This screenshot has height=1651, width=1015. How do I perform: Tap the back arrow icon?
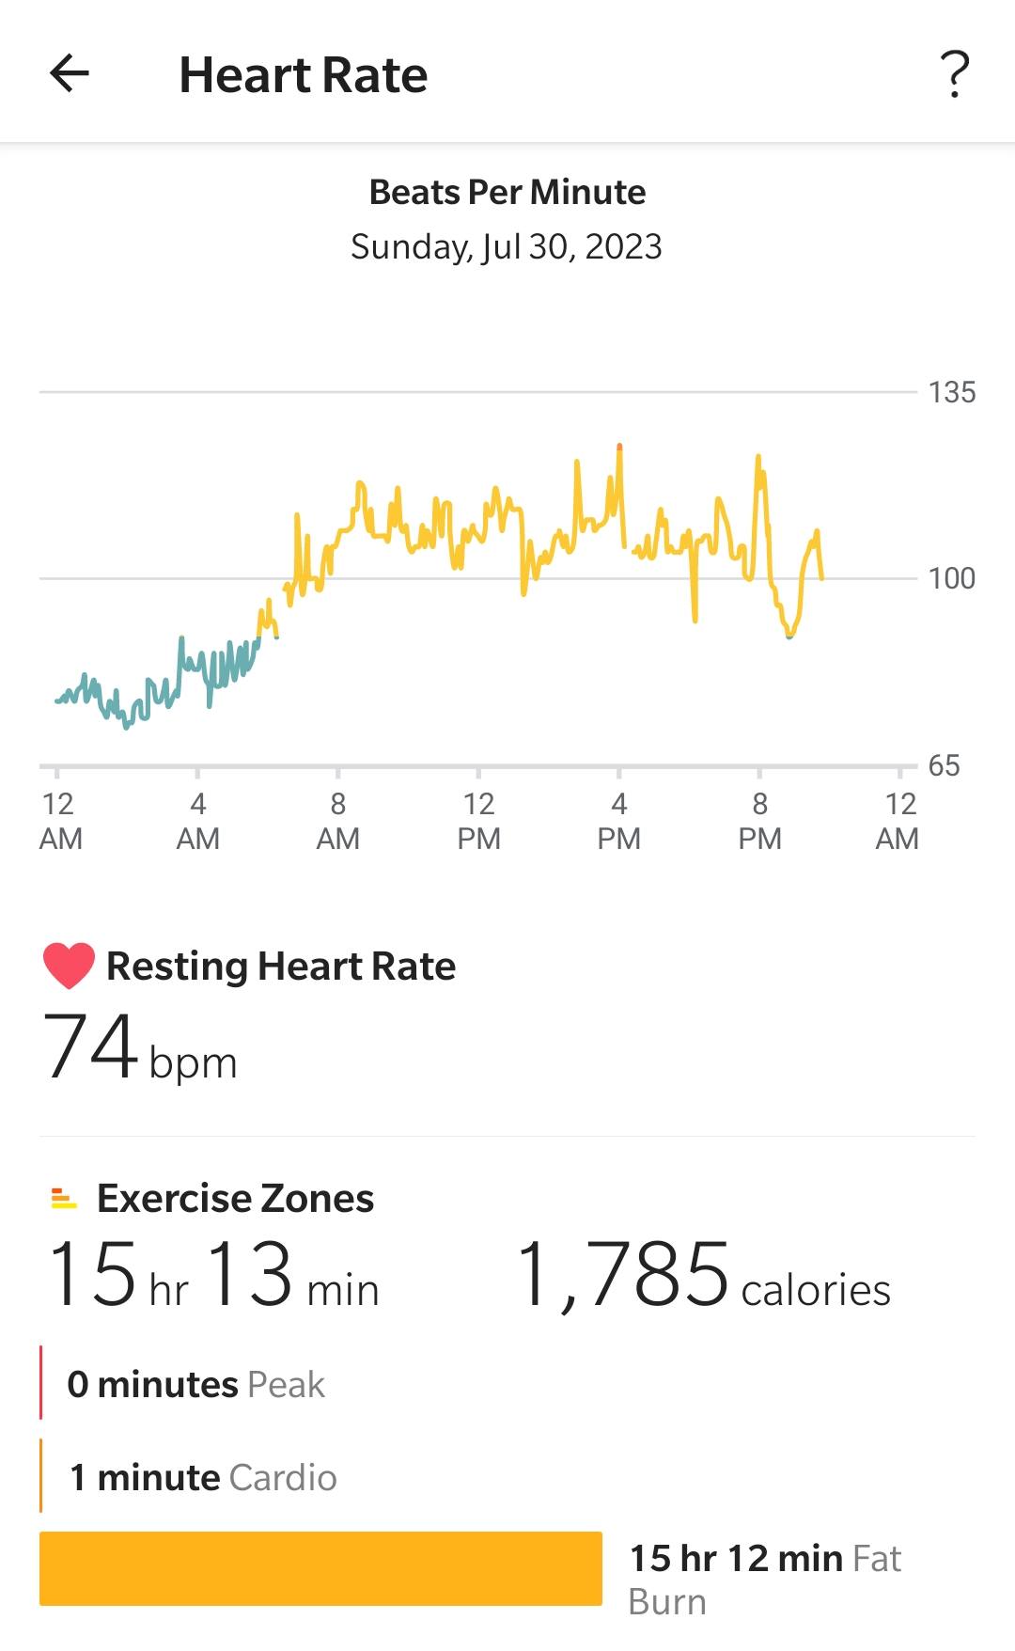[x=70, y=73]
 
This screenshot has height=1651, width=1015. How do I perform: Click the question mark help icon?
[x=955, y=73]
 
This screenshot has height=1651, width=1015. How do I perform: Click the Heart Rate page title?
[x=303, y=75]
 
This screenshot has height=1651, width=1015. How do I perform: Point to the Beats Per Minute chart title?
[x=507, y=192]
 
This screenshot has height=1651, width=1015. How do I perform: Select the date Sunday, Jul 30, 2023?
[x=507, y=246]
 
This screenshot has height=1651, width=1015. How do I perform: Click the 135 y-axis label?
[x=951, y=392]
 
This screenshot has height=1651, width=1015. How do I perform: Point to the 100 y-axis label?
[x=951, y=578]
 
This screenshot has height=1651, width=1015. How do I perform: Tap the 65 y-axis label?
[x=944, y=765]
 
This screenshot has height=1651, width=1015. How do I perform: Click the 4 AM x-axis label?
[x=197, y=821]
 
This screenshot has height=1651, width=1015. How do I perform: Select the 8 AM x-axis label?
[x=337, y=821]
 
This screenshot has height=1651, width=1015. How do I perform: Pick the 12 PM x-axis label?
[x=478, y=821]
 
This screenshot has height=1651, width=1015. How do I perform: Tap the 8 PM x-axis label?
[x=759, y=821]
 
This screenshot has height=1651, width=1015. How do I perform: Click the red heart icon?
[x=69, y=966]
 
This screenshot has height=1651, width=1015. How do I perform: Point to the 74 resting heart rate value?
[x=91, y=1046]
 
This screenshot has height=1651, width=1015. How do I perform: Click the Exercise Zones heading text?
[x=235, y=1198]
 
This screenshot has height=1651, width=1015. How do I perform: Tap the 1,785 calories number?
[x=622, y=1275]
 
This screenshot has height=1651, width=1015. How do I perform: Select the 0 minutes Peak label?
[x=195, y=1384]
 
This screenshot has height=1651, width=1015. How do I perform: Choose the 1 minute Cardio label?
[x=203, y=1477]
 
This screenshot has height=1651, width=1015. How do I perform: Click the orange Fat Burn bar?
[x=320, y=1568]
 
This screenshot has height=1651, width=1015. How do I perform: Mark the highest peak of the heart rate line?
[x=619, y=446]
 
